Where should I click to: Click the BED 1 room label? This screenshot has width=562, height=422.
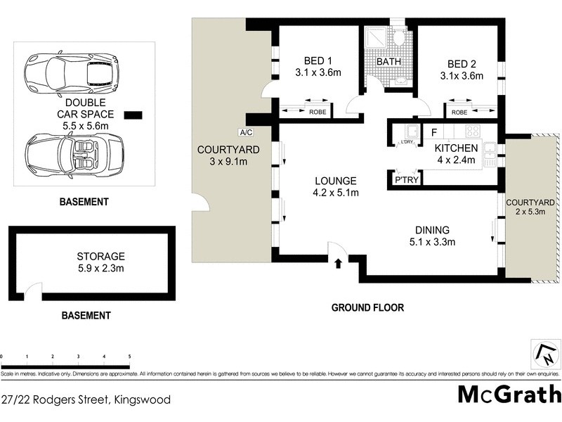(313, 60)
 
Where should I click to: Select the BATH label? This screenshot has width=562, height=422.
(388, 62)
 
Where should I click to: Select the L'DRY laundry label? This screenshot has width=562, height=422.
(406, 143)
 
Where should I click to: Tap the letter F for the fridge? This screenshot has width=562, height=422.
(434, 132)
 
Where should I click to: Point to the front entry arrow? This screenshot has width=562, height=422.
(339, 264)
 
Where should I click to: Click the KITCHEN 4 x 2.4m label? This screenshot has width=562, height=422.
(457, 154)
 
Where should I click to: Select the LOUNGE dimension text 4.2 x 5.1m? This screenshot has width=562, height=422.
(336, 193)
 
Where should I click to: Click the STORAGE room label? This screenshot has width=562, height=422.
(101, 256)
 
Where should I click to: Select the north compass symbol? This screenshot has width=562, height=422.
(543, 354)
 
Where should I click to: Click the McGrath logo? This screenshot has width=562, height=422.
(509, 394)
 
